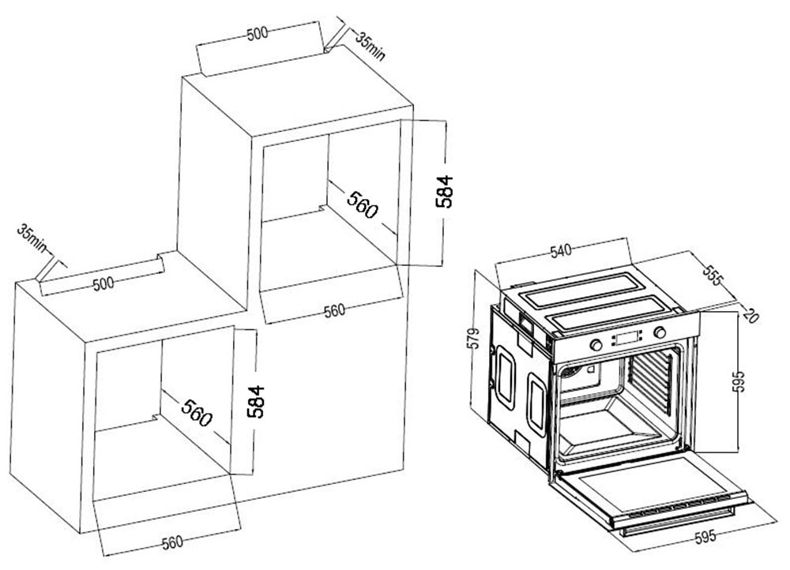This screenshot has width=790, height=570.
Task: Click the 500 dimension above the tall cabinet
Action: (258, 34)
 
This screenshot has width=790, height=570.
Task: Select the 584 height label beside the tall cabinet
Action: (444, 191)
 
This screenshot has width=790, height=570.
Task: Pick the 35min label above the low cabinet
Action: (32, 238)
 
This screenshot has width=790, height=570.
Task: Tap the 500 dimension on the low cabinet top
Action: (103, 284)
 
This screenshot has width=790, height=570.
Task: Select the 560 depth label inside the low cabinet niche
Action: (197, 412)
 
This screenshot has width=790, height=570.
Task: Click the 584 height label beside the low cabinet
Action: (256, 401)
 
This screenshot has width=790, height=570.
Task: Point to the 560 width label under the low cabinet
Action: (171, 542)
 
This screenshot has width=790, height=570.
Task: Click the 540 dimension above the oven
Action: (560, 250)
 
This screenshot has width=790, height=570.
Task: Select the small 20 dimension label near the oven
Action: (750, 316)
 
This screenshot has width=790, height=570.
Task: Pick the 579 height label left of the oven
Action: (473, 338)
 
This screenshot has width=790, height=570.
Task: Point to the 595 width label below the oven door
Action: (705, 538)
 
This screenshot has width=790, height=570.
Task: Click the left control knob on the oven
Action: (596, 345)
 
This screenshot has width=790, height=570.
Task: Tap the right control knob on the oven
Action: (660, 332)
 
